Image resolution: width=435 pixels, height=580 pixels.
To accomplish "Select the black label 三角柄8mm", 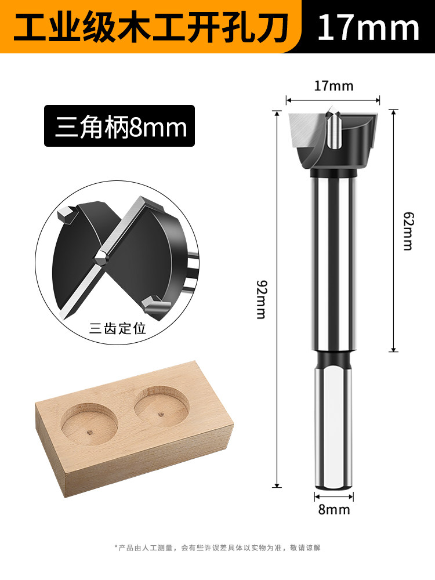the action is (119, 126).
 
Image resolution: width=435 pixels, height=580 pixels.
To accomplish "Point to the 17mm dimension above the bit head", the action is (333, 86).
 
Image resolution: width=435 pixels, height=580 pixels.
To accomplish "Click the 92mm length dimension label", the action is (262, 300).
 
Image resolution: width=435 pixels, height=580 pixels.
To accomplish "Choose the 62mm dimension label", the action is (408, 231).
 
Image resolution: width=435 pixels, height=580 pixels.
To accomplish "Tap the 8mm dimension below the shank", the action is (334, 510).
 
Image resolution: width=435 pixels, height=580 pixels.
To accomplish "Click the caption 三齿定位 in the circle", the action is (118, 328).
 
